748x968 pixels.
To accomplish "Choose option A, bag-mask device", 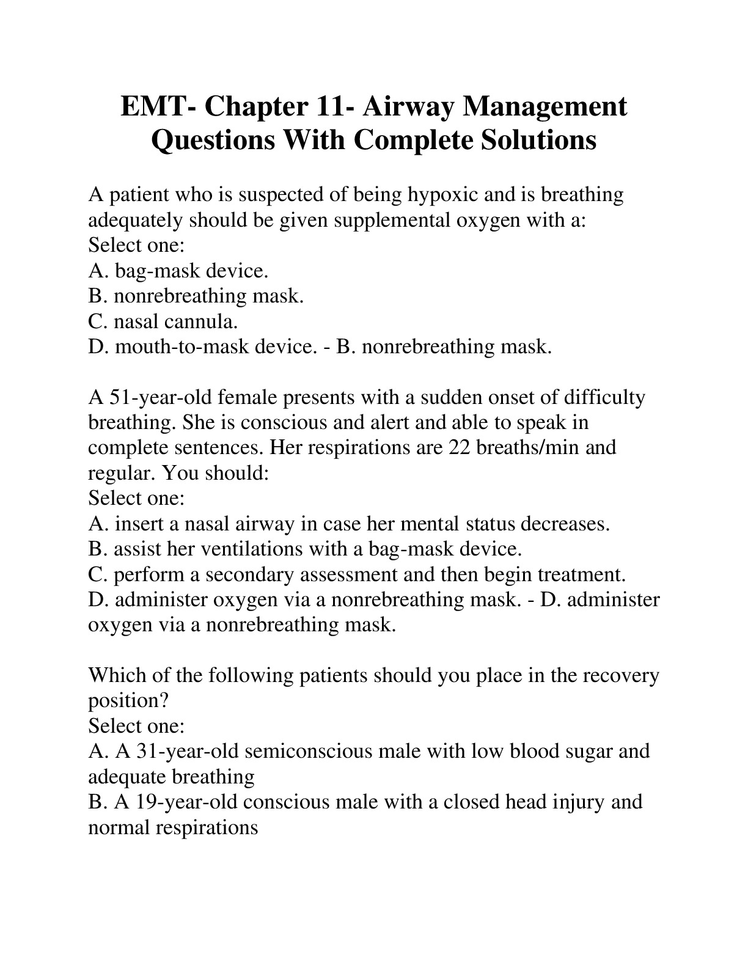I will tap(178, 270).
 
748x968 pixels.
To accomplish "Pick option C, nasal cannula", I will tap(163, 321).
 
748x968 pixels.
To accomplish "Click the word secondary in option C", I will tap(256, 574).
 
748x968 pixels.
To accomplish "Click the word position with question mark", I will tap(128, 701).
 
